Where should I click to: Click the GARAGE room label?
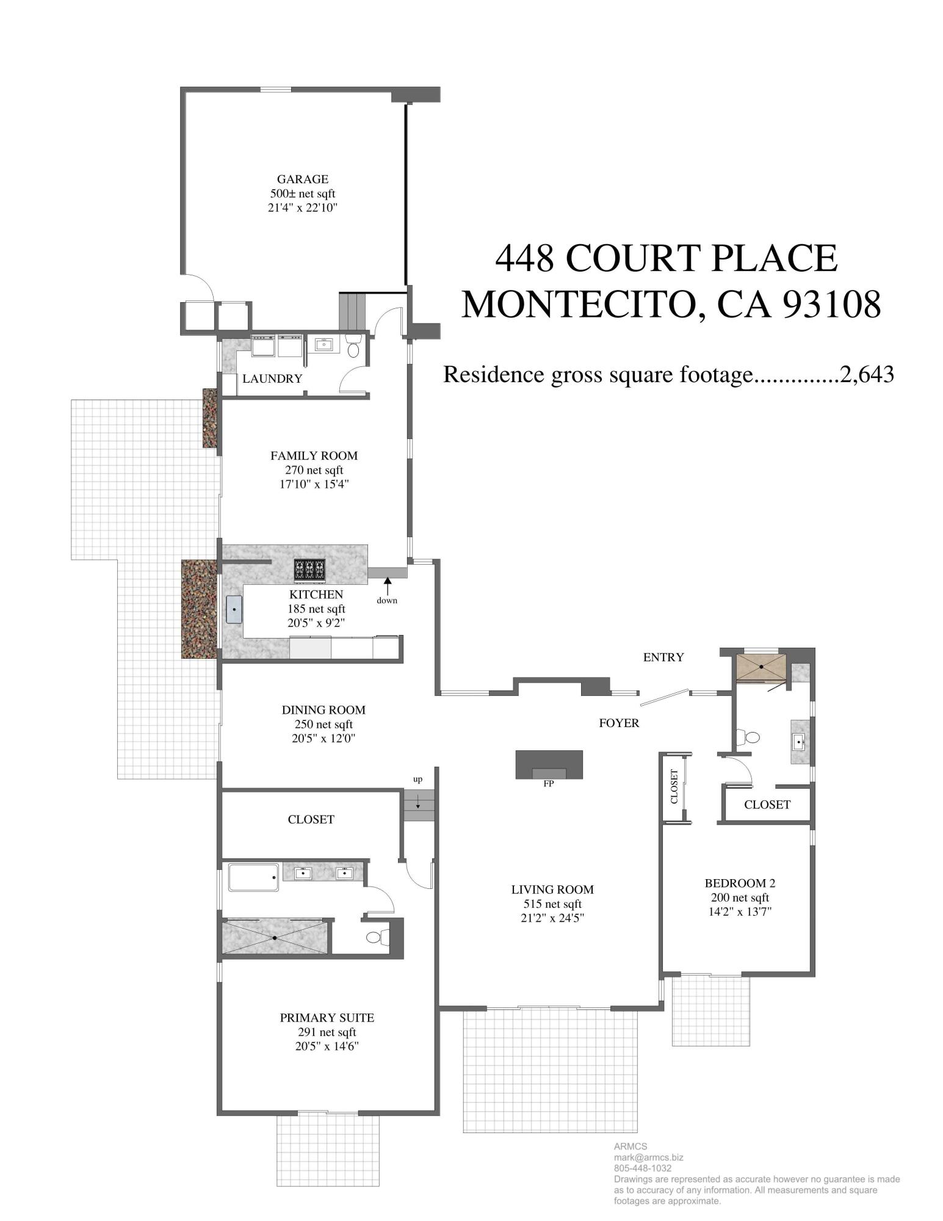302,179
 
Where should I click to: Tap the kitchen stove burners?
309,570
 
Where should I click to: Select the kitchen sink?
235,610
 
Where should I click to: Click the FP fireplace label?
548,784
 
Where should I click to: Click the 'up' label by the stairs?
417,780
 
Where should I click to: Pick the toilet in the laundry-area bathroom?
353,347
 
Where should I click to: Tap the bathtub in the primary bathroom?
253,877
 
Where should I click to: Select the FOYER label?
619,723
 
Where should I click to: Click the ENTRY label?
663,658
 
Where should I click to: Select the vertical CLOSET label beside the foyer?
674,787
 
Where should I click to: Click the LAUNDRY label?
272,379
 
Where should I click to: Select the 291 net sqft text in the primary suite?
327,1032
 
